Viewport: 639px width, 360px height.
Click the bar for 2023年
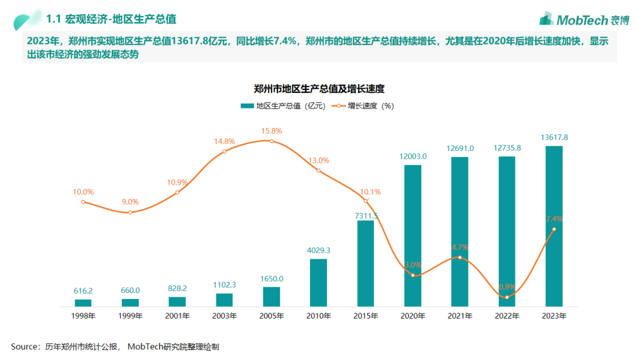[x=554, y=226]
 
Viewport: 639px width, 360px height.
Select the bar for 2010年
[x=318, y=282]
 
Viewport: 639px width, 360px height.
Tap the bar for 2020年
[x=412, y=236]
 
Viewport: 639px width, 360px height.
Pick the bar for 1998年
[x=83, y=303]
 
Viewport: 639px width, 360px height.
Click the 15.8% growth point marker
[x=271, y=141]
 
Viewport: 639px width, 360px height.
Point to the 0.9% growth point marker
[x=507, y=297]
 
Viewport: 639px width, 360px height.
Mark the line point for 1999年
[x=130, y=212]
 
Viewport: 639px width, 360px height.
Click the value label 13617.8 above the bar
[x=554, y=137]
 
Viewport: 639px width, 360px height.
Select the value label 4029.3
[x=318, y=250]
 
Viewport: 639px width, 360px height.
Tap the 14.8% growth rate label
[x=224, y=142]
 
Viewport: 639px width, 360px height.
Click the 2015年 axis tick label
[x=365, y=316]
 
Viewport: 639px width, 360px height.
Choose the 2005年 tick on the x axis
[x=271, y=316]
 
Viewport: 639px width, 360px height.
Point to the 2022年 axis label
[x=507, y=316]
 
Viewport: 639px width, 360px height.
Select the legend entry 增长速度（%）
[x=365, y=106]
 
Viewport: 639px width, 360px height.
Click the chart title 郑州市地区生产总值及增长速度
[x=319, y=89]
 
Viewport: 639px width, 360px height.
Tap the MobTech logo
[x=583, y=19]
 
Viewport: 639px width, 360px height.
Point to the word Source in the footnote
[x=25, y=346]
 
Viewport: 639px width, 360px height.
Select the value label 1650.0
[x=271, y=278]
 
